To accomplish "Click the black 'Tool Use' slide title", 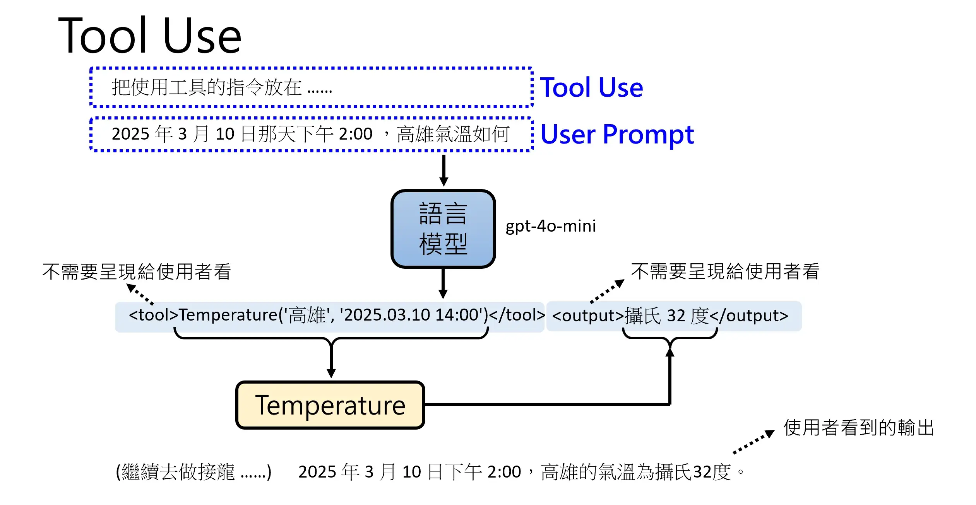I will (x=150, y=36).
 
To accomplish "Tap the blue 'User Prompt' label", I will (x=617, y=134).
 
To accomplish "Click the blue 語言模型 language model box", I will (x=443, y=229).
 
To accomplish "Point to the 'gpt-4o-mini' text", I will (x=550, y=226).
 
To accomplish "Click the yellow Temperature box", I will (x=330, y=405).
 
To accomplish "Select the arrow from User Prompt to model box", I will (x=443, y=170).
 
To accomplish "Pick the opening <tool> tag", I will (x=153, y=315).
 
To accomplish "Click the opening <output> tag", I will (x=588, y=316).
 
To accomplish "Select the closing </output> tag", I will (x=749, y=316).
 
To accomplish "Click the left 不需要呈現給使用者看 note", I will (x=136, y=271).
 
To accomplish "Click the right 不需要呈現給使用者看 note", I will (x=725, y=271).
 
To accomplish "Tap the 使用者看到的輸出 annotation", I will (x=859, y=428).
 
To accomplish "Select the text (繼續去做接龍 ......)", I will (x=194, y=472).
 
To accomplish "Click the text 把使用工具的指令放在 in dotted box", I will (x=207, y=87).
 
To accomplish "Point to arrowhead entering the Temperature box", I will (x=331, y=374).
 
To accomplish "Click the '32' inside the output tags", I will (x=676, y=316).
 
